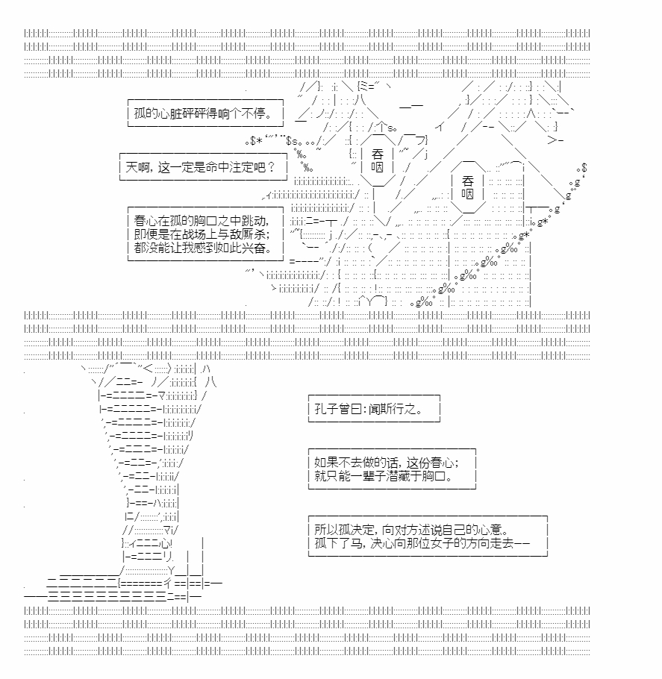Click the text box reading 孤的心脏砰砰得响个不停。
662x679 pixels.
pyautogui.click(x=205, y=113)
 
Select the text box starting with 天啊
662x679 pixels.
pyautogui.click(x=203, y=166)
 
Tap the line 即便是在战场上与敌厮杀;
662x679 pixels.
pyautogui.click(x=202, y=234)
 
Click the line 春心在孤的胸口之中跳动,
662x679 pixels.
pyautogui.click(x=202, y=221)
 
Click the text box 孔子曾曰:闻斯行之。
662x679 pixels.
pyautogui.click(x=374, y=408)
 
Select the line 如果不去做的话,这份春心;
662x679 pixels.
pyautogui.click(x=387, y=463)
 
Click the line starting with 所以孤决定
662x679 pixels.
pyautogui.click(x=411, y=530)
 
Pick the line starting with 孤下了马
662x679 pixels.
pyautogui.click(x=422, y=543)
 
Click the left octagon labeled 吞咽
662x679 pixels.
pyautogui.click(x=378, y=160)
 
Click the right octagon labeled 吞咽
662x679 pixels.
pyautogui.click(x=467, y=187)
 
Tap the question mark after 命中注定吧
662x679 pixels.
pyautogui.click(x=272, y=167)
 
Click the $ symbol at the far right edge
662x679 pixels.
pyautogui.click(x=584, y=168)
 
